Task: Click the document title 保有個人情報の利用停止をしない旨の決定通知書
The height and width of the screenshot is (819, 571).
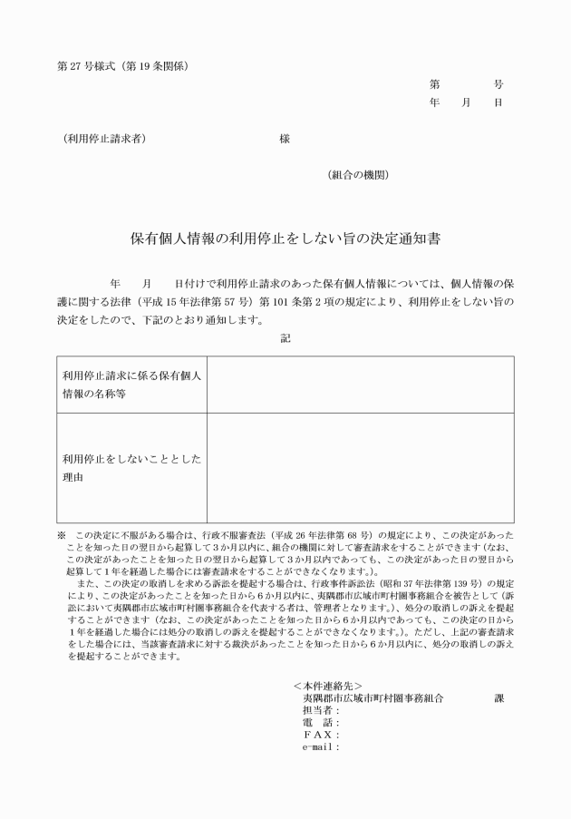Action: [x=285, y=239]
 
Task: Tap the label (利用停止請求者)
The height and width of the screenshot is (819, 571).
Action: [x=103, y=140]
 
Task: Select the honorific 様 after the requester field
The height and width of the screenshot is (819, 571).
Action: [x=285, y=140]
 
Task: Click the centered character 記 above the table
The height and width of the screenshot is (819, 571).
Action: [x=285, y=338]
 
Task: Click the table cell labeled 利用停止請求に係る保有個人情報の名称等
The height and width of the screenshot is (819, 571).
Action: [x=131, y=385]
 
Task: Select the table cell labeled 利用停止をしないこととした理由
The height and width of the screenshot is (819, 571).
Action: [x=131, y=468]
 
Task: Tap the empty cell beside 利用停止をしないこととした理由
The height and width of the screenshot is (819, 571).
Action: [x=360, y=468]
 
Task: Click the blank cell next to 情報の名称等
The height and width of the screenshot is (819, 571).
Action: [x=360, y=385]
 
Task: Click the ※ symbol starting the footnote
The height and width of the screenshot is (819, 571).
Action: [x=62, y=537]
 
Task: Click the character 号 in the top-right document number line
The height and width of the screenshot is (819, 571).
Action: [x=498, y=84]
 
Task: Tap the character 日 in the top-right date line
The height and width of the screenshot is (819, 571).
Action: [x=498, y=102]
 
